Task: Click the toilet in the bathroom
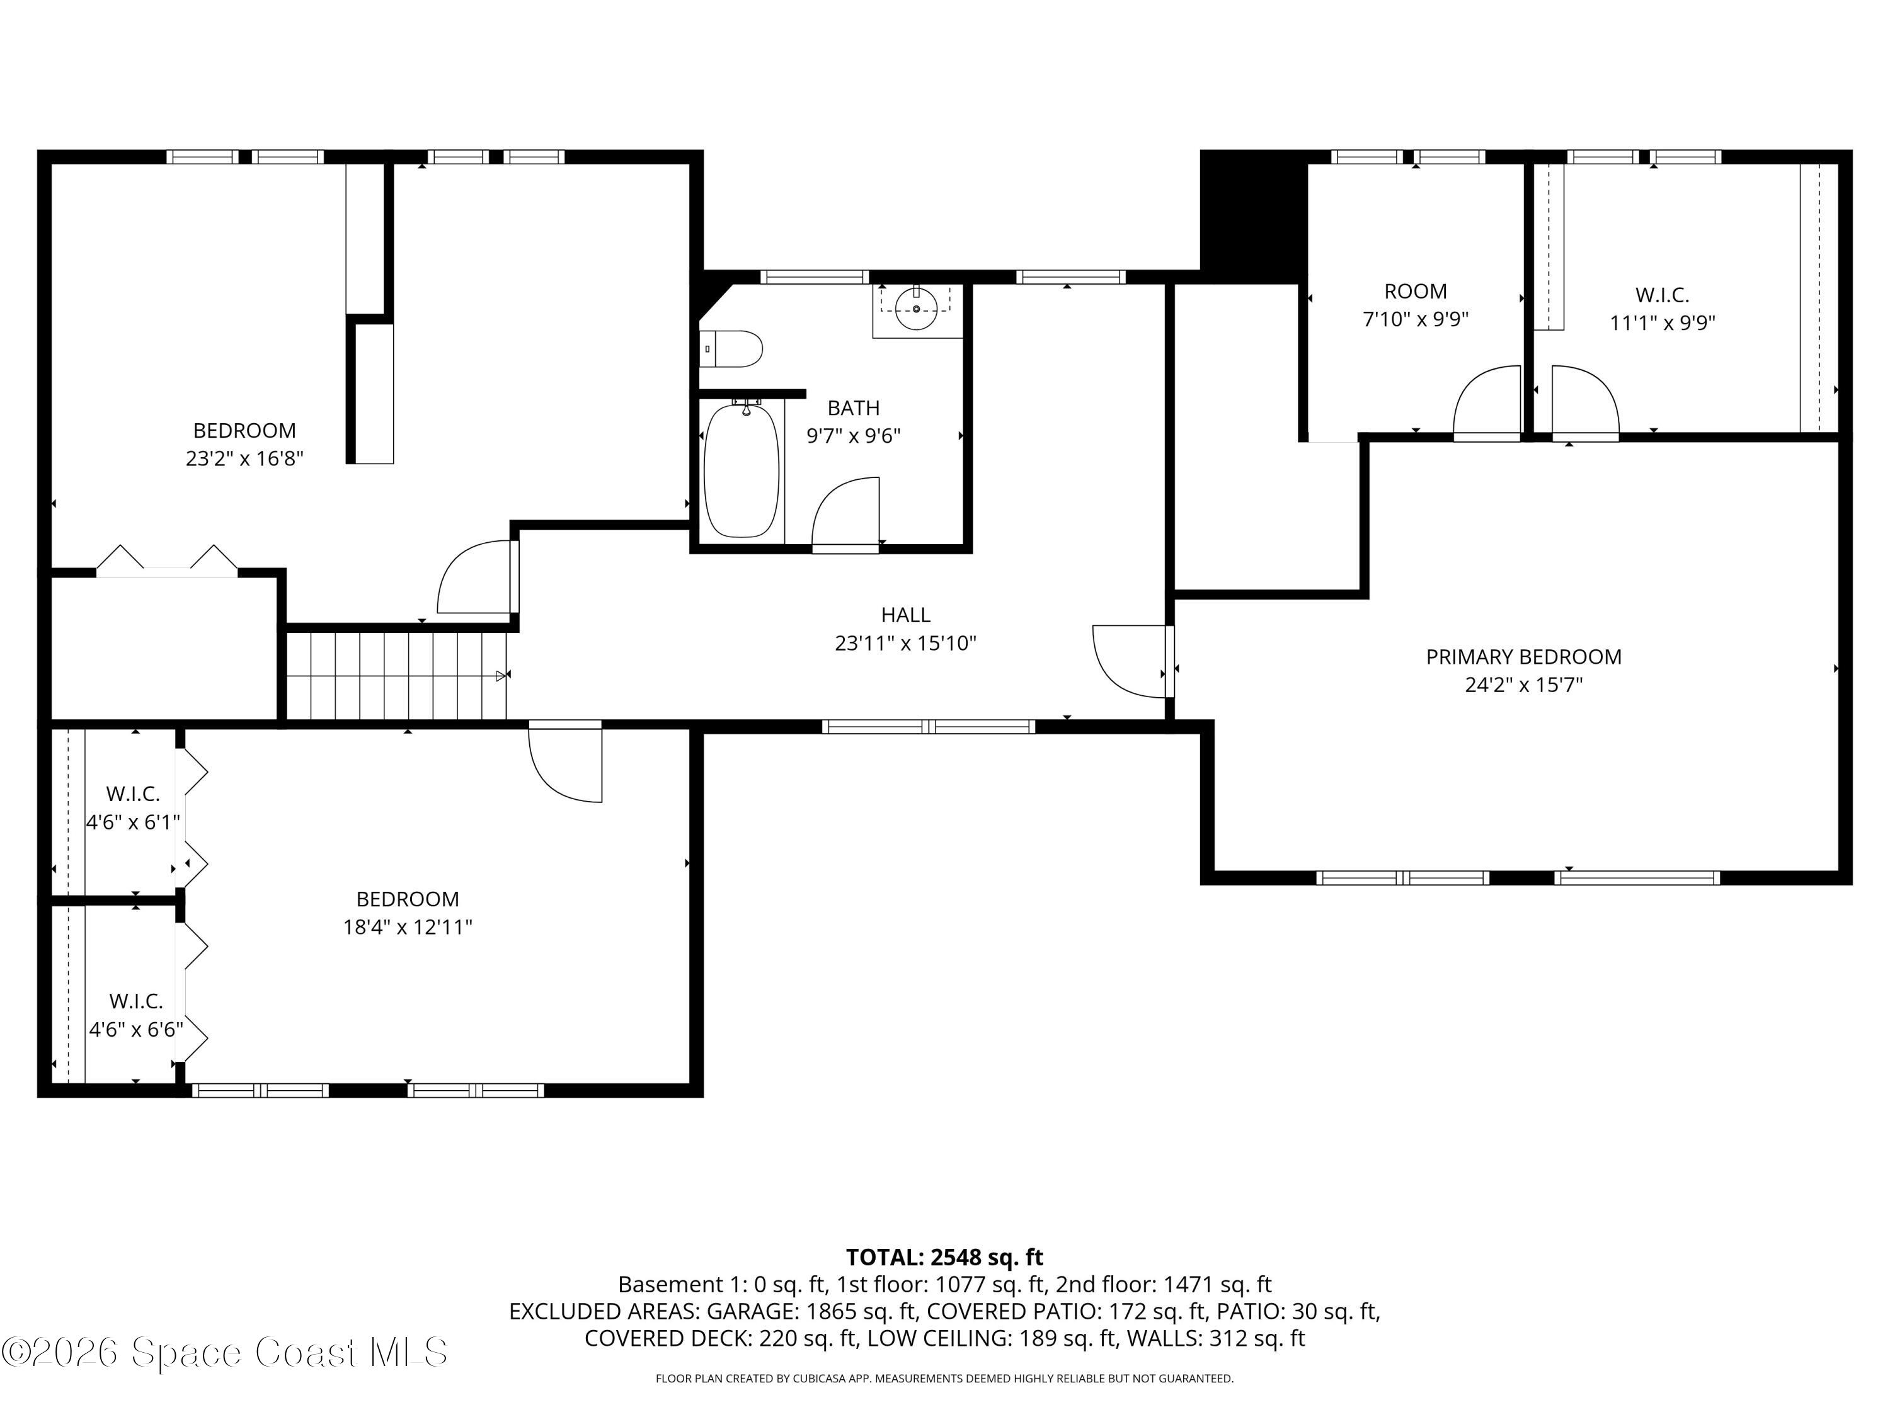point(733,348)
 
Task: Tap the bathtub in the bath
point(742,470)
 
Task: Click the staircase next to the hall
point(396,674)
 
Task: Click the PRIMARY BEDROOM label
point(1523,657)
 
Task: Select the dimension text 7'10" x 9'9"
point(1415,319)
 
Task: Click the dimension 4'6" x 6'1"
point(134,822)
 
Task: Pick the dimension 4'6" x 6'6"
point(137,1029)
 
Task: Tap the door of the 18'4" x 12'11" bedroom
point(566,762)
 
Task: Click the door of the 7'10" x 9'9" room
point(1487,403)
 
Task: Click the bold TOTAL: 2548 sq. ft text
point(944,1257)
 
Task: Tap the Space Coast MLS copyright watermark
point(224,1352)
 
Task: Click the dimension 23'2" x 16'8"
point(244,458)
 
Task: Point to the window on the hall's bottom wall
point(929,727)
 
